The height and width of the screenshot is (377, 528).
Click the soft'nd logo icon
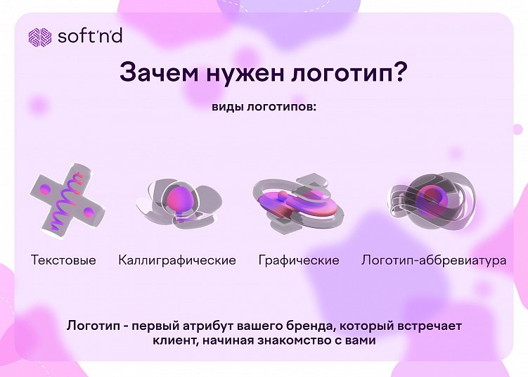(39, 36)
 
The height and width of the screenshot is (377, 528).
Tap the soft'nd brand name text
(89, 35)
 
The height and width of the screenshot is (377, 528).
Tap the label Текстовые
(63, 260)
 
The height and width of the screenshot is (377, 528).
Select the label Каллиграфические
(177, 260)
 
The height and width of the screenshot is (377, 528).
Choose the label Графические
(299, 260)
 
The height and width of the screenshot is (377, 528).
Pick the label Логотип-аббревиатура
(434, 260)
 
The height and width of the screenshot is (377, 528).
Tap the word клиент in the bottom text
(173, 341)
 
